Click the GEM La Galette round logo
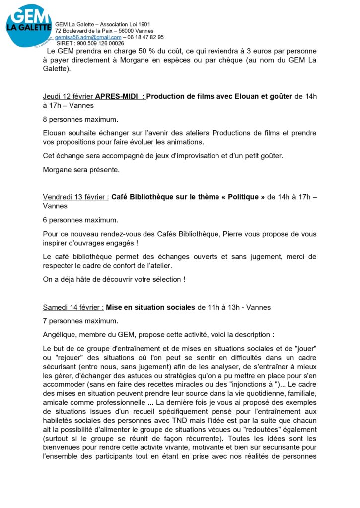(x=28, y=26)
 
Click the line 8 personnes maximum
(x=80, y=119)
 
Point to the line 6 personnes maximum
(x=80, y=220)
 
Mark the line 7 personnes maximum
(x=80, y=320)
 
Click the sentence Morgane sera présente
(x=81, y=169)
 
